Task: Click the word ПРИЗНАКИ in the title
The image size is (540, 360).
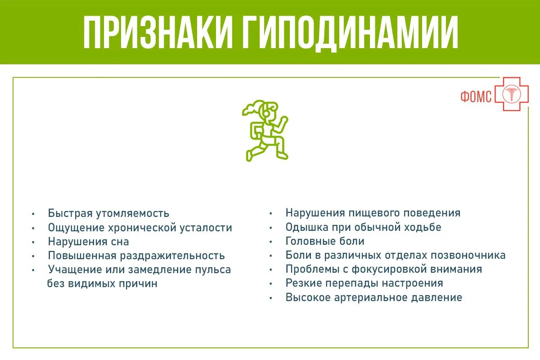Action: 158,32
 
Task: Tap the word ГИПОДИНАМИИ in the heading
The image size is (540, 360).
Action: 350,33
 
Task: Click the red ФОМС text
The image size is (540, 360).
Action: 476,97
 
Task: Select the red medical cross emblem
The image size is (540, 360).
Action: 512,94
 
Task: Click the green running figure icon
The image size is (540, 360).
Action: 265,130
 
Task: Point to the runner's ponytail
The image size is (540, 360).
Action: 251,108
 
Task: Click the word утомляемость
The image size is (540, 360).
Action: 133,213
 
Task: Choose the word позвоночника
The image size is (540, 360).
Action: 468,255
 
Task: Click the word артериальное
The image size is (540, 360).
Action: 370,297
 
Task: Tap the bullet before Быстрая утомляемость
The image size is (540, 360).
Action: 33,214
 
